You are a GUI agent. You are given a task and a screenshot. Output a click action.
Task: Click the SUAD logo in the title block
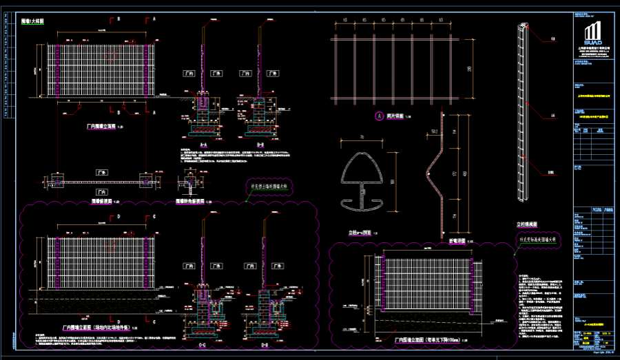(x=592, y=34)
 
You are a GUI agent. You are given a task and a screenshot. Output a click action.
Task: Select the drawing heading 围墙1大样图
(x=30, y=22)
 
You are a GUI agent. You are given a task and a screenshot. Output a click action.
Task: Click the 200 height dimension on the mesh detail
(x=469, y=70)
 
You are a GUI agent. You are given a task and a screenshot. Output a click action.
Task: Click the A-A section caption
(x=204, y=145)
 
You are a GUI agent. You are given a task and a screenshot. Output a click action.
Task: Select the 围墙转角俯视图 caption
(x=189, y=201)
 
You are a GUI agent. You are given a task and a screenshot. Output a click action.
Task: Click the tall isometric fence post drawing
(x=521, y=114)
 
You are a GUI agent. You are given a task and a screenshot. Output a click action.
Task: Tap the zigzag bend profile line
(x=437, y=179)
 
